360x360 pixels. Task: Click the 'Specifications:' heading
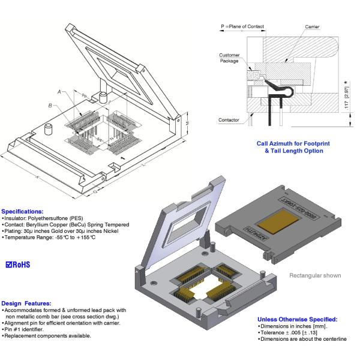coord(22,211)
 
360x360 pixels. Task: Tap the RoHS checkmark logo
coord(17,265)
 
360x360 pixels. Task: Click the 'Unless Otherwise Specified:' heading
coord(297,319)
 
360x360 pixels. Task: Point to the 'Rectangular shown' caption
coord(316,275)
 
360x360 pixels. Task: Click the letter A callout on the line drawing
coord(59,91)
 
